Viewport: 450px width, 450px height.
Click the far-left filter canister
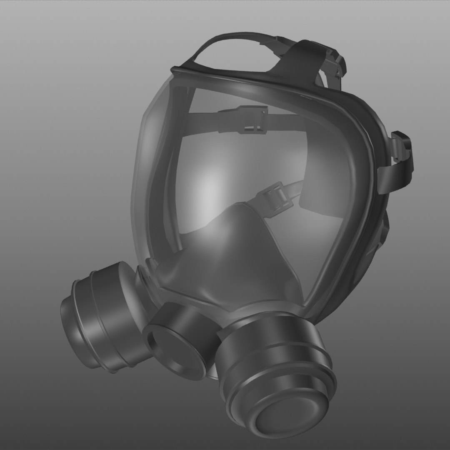coord(100,317)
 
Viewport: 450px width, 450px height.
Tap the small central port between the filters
coord(179,337)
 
